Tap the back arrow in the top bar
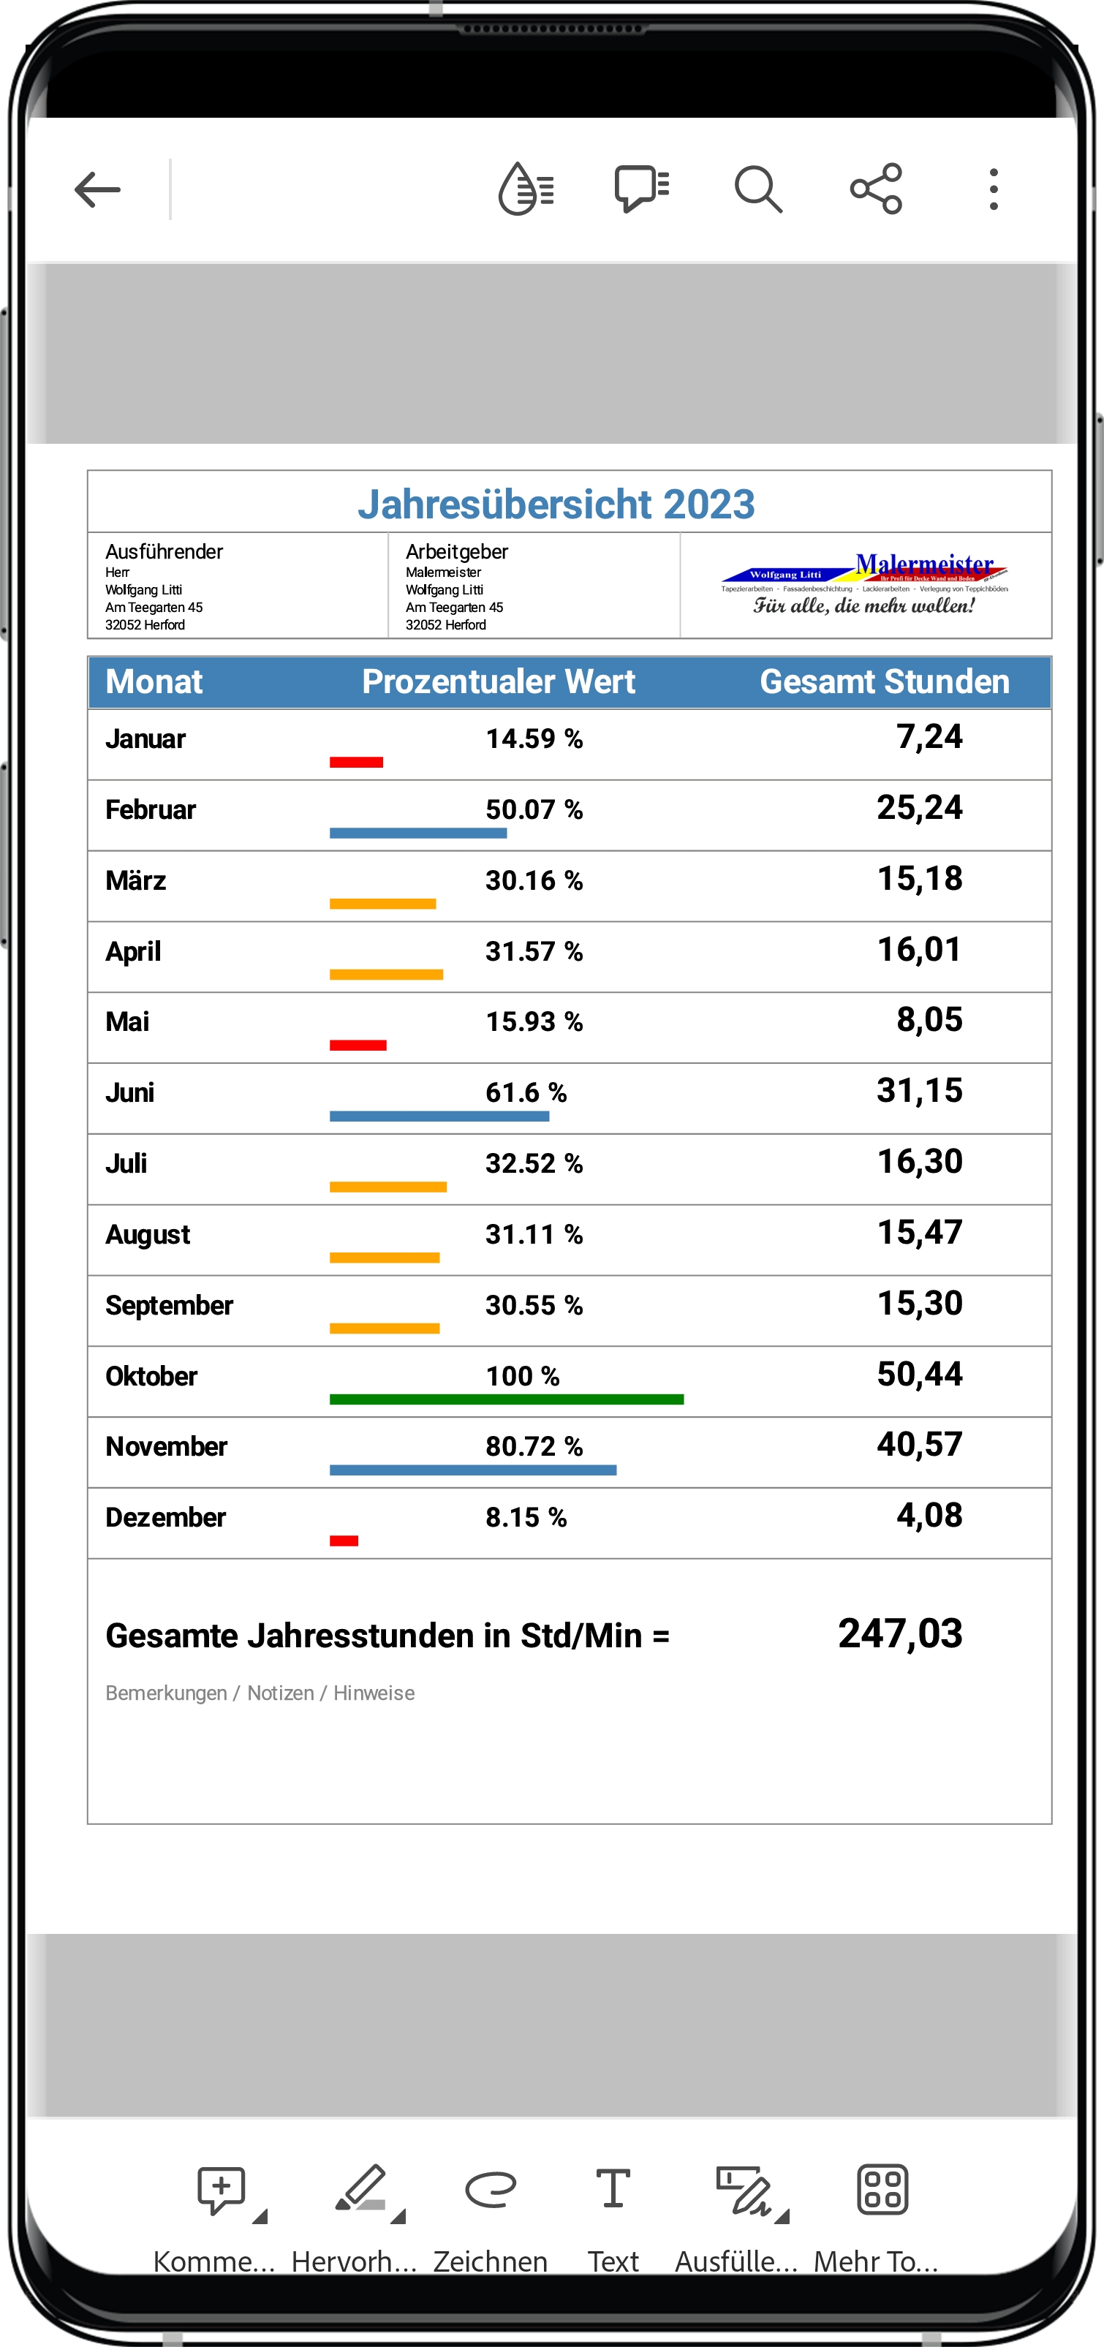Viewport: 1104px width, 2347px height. pyautogui.click(x=97, y=189)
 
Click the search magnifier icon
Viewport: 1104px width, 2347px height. pyautogui.click(x=758, y=189)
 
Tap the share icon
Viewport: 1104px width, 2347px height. pyautogui.click(x=875, y=189)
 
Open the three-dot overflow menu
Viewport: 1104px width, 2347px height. pyautogui.click(x=994, y=189)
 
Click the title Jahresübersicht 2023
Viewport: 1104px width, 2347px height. pyautogui.click(x=556, y=504)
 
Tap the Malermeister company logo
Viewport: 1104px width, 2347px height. pyautogui.click(x=864, y=585)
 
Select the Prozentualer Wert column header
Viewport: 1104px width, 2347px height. pyautogui.click(x=498, y=681)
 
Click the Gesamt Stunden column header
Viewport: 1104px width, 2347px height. pyautogui.click(x=883, y=681)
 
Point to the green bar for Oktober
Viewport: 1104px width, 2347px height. pyautogui.click(x=507, y=1399)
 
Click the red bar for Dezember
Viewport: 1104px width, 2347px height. pyautogui.click(x=344, y=1541)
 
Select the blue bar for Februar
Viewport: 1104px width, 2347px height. pyautogui.click(x=418, y=833)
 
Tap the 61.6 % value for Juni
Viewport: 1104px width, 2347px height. pyautogui.click(x=526, y=1092)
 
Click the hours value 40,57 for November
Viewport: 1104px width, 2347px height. pyautogui.click(x=919, y=1444)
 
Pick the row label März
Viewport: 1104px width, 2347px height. pyautogui.click(x=136, y=881)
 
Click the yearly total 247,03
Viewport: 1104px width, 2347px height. pyautogui.click(x=900, y=1633)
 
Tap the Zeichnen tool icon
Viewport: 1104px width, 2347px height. pyautogui.click(x=490, y=2188)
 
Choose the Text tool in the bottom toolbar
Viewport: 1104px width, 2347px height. pyautogui.click(x=613, y=2188)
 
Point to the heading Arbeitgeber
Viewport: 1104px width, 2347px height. pyautogui.click(x=456, y=551)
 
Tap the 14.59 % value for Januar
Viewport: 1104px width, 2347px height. pyautogui.click(x=534, y=739)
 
